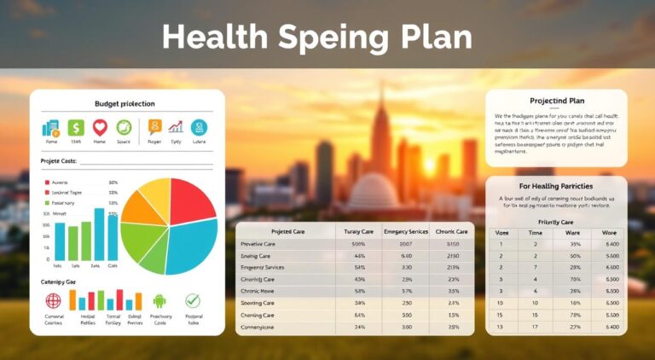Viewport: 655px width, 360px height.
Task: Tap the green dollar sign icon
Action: point(76,128)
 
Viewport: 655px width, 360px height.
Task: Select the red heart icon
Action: point(100,128)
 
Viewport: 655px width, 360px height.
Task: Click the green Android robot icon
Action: point(159,300)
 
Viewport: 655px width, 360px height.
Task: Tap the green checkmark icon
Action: point(193,300)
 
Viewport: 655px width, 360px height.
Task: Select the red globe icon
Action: point(53,300)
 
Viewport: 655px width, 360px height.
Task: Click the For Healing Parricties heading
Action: point(556,185)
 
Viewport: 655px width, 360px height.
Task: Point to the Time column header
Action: point(534,232)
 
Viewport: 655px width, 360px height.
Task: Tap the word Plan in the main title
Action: point(433,37)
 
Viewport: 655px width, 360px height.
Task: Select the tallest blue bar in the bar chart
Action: point(112,234)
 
